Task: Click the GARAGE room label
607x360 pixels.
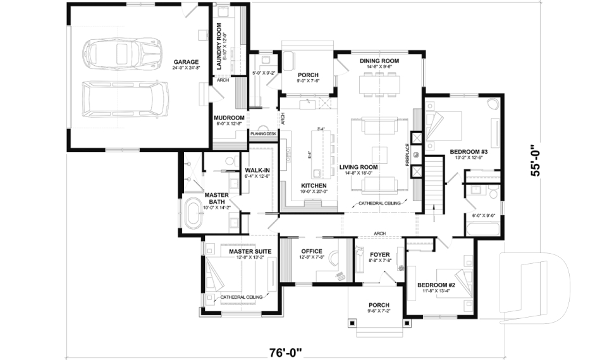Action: (x=187, y=62)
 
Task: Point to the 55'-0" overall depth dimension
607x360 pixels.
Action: (x=537, y=161)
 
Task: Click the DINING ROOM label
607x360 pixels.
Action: (x=379, y=61)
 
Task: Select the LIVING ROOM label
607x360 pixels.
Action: (x=358, y=167)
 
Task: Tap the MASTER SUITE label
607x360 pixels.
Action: (x=250, y=252)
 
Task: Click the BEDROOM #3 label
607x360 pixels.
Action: (x=467, y=152)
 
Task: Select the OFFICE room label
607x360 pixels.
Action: (x=312, y=251)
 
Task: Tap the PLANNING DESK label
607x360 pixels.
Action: (x=263, y=133)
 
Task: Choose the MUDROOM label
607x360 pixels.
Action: (x=228, y=118)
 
